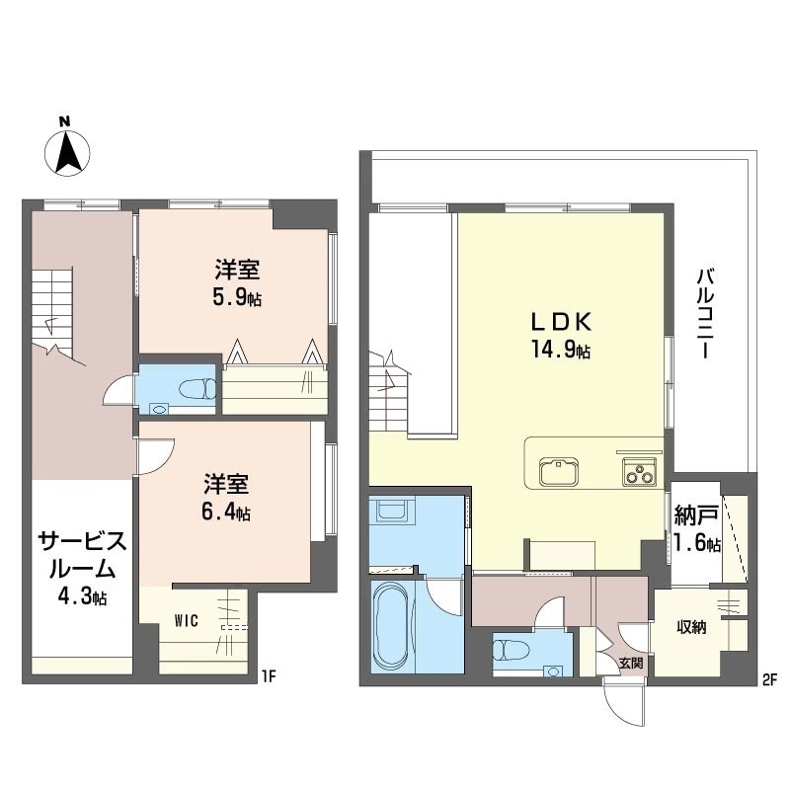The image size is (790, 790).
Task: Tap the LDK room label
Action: [x=561, y=322]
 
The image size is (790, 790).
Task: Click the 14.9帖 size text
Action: [x=561, y=349]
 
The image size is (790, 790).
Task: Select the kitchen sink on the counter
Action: [x=558, y=472]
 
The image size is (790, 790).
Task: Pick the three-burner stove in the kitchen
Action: [x=639, y=472]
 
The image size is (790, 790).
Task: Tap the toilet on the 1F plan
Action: [x=197, y=388]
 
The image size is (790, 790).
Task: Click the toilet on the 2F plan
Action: [x=511, y=650]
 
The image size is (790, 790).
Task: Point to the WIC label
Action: [x=186, y=621]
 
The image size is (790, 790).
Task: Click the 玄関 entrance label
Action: [x=631, y=663]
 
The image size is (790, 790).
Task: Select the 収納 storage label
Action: [x=691, y=627]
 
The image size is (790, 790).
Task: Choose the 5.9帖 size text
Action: [x=237, y=298]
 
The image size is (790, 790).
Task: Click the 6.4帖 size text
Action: [x=226, y=512]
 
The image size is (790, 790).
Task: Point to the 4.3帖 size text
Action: [x=82, y=596]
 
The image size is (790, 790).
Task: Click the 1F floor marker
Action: [x=269, y=676]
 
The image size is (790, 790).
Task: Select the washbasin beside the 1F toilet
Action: [x=160, y=409]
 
